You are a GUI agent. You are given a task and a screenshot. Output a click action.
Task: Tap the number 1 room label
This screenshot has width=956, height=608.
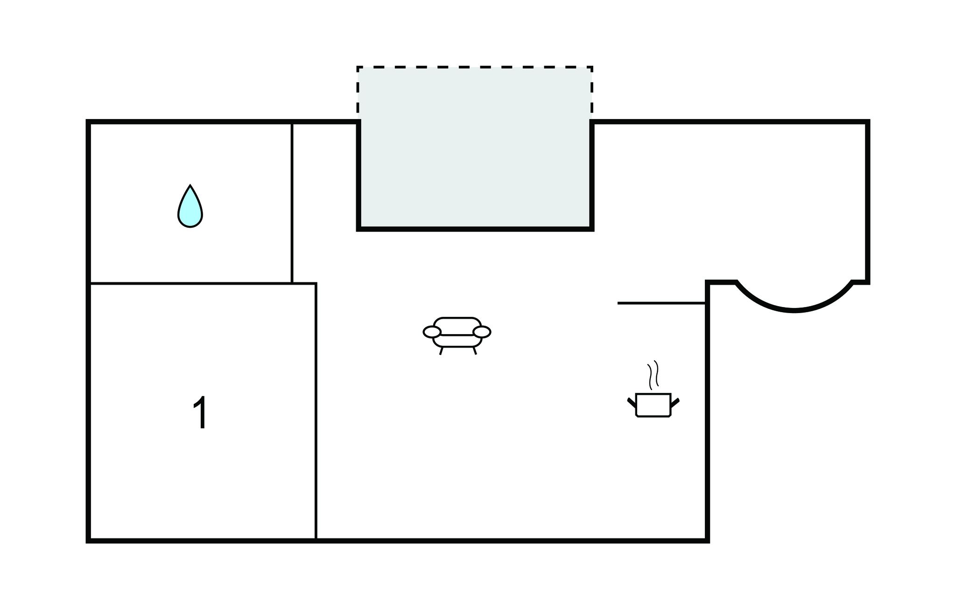point(201,413)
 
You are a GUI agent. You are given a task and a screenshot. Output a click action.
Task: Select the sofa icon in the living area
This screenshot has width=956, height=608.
point(457,335)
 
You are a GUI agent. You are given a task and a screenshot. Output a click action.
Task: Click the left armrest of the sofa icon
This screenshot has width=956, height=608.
point(432,332)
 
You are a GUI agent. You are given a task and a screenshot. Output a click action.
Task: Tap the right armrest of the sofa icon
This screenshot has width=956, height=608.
point(482,332)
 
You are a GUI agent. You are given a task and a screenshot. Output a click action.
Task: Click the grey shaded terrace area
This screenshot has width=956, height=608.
point(475,147)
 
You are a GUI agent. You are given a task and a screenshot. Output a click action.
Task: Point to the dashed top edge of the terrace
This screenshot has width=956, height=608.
point(475,67)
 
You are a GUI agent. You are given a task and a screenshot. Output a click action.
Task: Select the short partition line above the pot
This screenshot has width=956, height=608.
point(661,303)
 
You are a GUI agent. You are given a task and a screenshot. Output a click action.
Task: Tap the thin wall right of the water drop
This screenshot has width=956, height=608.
point(292,203)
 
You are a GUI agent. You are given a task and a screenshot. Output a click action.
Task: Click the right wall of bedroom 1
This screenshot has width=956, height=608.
point(316,411)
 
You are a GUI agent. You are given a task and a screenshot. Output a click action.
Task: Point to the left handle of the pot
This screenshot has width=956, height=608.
point(632,403)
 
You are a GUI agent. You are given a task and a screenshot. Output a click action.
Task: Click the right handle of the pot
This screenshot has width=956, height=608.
point(675,403)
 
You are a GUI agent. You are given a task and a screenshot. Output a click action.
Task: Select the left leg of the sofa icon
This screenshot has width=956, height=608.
point(441,351)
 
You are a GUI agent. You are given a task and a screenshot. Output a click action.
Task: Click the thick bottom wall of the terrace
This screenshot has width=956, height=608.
point(475,229)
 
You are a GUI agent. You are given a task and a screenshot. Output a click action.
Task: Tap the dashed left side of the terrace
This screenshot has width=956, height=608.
point(358,93)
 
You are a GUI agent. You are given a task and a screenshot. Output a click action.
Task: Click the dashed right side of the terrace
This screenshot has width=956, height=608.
point(592,93)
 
